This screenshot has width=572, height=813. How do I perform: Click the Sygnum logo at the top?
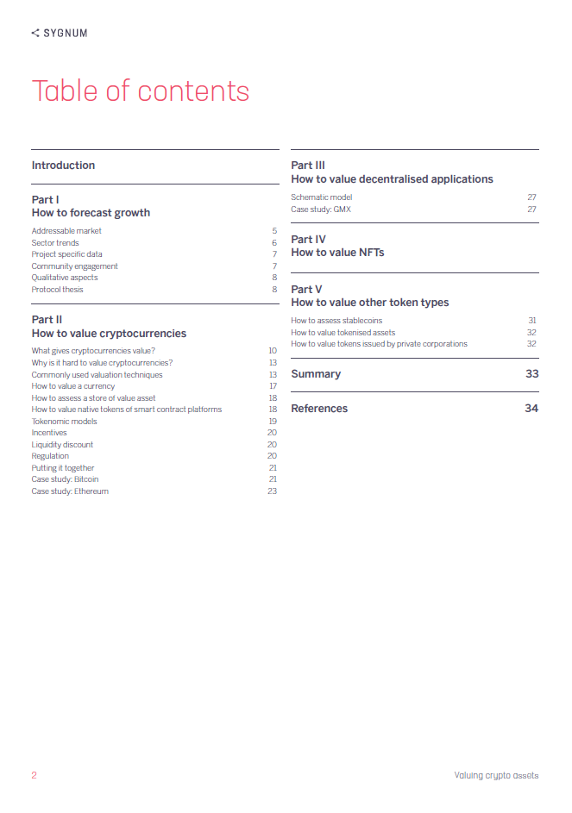tap(60, 33)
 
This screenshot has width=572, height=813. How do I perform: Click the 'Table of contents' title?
tap(141, 91)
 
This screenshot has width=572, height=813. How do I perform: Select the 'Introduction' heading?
tap(63, 166)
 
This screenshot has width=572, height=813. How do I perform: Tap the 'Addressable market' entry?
tap(66, 231)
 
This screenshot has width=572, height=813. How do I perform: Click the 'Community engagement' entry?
tap(74, 266)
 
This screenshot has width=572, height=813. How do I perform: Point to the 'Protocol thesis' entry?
tap(58, 290)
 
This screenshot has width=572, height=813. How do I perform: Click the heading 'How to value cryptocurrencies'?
tap(109, 333)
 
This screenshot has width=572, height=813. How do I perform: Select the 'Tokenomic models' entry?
tap(65, 422)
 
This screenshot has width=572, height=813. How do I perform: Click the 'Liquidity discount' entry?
tap(62, 445)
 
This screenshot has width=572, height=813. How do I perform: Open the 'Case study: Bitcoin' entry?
tap(65, 479)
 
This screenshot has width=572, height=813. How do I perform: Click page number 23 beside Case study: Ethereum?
tap(272, 491)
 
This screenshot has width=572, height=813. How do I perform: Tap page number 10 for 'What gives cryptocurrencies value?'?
tap(272, 351)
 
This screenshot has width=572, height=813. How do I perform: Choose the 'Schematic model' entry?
tap(322, 197)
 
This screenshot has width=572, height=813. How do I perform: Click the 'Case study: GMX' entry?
tap(321, 210)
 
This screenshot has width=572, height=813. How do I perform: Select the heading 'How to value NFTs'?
tap(337, 253)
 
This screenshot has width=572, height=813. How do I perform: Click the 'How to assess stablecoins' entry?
tap(336, 321)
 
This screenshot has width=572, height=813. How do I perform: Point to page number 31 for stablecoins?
tap(532, 321)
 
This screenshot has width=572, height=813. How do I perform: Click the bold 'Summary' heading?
tap(316, 374)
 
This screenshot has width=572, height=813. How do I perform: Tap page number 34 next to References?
tap(531, 409)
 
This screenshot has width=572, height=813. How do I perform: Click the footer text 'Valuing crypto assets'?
tap(496, 775)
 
